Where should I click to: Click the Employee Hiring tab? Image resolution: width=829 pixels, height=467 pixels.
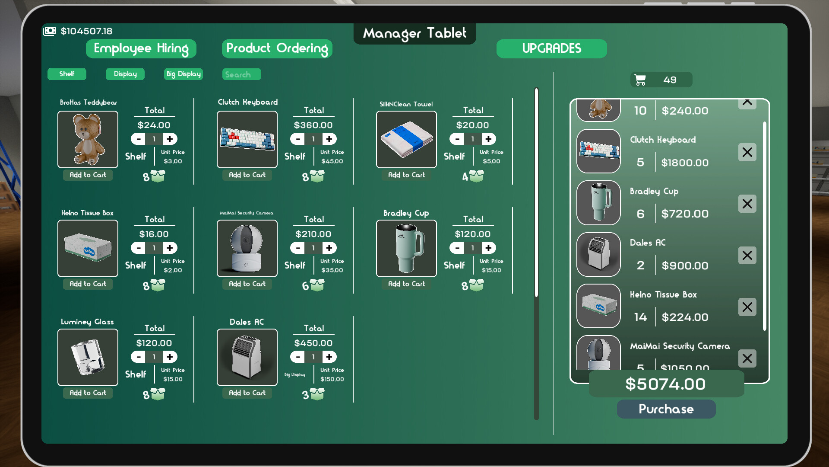tap(141, 48)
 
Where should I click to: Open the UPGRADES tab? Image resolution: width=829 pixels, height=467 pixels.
tap(551, 48)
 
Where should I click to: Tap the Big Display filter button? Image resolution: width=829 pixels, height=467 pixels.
tap(184, 74)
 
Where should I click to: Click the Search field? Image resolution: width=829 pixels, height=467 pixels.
tap(241, 74)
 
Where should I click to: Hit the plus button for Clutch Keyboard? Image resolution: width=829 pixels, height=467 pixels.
tap(329, 139)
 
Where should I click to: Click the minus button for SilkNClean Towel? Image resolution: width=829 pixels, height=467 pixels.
tap(457, 139)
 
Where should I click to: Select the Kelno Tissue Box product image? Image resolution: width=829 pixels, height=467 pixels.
tap(88, 248)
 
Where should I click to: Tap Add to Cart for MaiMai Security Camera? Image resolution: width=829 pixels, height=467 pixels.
tap(247, 284)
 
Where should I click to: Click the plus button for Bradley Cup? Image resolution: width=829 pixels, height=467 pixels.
tap(488, 248)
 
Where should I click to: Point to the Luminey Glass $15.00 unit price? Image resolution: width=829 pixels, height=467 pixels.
tap(173, 379)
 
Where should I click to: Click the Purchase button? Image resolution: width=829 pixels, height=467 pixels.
tap(666, 409)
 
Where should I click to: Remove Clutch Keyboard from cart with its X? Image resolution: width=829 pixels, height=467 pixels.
tap(747, 152)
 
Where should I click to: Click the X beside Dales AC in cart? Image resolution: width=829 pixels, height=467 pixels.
tap(747, 255)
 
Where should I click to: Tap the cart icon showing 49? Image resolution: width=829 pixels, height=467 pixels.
tap(640, 80)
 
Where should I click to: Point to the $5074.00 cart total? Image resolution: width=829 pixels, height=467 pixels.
tap(665, 384)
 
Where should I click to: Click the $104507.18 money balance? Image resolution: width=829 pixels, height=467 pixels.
tap(86, 31)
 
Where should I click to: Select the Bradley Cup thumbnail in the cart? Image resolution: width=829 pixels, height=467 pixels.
tap(598, 203)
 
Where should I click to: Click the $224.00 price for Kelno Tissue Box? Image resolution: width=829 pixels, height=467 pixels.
tap(685, 317)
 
